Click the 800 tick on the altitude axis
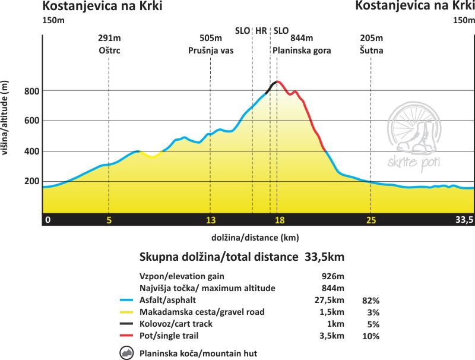(x=32, y=91)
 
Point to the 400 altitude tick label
(x=32, y=151)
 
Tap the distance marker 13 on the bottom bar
(x=211, y=220)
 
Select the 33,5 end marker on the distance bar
(x=464, y=220)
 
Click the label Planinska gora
(x=302, y=50)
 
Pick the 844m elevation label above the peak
(x=302, y=38)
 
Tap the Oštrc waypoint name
(x=109, y=50)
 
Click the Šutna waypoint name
(x=372, y=50)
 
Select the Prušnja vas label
(x=211, y=50)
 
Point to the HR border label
(x=261, y=31)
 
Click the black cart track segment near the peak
(x=271, y=87)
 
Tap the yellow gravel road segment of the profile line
(x=151, y=154)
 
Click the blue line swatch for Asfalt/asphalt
(x=126, y=300)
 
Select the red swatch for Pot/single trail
(x=126, y=336)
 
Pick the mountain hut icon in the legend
(x=126, y=353)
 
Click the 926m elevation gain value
(x=332, y=276)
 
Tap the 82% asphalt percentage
(x=370, y=301)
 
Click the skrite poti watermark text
(x=413, y=163)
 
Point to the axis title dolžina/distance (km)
(x=255, y=238)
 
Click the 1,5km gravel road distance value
(x=332, y=312)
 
